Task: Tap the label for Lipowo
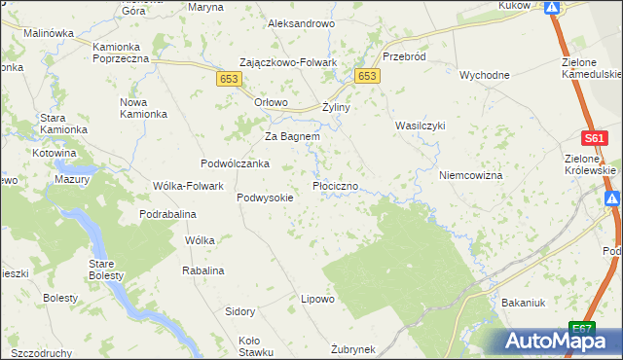tap(317, 299)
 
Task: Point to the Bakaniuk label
tap(523, 303)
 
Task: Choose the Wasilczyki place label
tap(420, 126)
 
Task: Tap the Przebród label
tap(404, 56)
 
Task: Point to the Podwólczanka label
tap(235, 163)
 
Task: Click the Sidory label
tap(240, 312)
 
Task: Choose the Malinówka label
tap(49, 32)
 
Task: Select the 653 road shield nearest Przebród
tap(367, 76)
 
